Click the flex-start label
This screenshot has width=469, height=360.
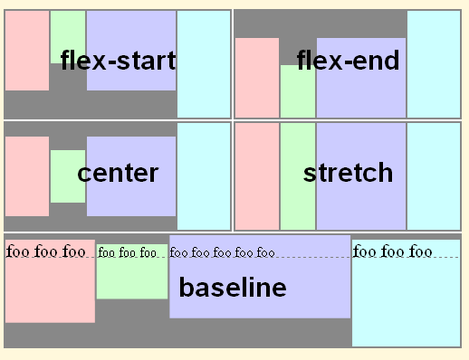tap(118, 61)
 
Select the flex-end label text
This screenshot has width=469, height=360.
tap(348, 61)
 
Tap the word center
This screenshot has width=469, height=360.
tap(118, 173)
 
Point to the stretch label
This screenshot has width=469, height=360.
tap(348, 172)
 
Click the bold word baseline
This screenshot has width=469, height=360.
tap(233, 288)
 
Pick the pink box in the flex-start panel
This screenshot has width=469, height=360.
tap(26, 51)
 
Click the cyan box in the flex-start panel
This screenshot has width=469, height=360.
tap(203, 63)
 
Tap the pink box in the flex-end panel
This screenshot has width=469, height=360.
tap(256, 78)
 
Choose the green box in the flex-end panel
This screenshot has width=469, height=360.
tap(297, 91)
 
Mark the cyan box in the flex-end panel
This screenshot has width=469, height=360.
tap(433, 63)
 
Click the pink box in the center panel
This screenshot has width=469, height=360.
tap(26, 176)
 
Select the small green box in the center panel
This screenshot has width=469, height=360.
tap(67, 176)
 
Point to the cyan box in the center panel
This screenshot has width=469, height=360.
tap(203, 176)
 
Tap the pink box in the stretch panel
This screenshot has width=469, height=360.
tap(256, 176)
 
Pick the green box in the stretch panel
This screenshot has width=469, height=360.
tap(297, 176)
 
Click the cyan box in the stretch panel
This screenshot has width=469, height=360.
tap(433, 176)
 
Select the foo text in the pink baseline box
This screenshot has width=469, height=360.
tap(50, 251)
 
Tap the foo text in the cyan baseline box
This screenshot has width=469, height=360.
tap(393, 251)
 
